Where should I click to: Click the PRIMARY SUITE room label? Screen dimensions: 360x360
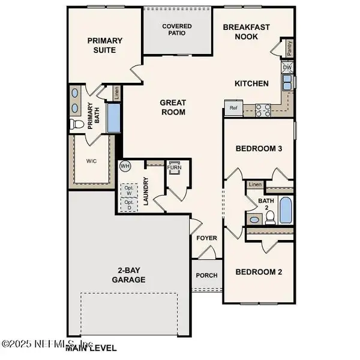105,46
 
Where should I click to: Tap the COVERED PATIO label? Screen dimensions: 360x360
176,29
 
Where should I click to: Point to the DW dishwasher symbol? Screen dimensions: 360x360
287,68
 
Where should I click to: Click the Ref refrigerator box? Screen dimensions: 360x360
233,109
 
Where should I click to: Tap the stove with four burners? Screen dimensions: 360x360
263,109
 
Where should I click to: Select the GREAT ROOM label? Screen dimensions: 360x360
173,107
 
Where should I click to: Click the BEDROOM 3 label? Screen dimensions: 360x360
259,148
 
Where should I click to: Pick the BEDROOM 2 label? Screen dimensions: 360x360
259,272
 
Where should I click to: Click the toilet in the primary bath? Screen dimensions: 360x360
77,125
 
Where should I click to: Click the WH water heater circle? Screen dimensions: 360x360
125,166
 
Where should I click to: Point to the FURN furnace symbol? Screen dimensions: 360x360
175,167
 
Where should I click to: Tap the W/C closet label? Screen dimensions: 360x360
91,161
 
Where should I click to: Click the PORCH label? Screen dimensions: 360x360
207,276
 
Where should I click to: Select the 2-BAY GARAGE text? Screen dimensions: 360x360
128,275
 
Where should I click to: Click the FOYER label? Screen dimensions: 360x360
207,238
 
